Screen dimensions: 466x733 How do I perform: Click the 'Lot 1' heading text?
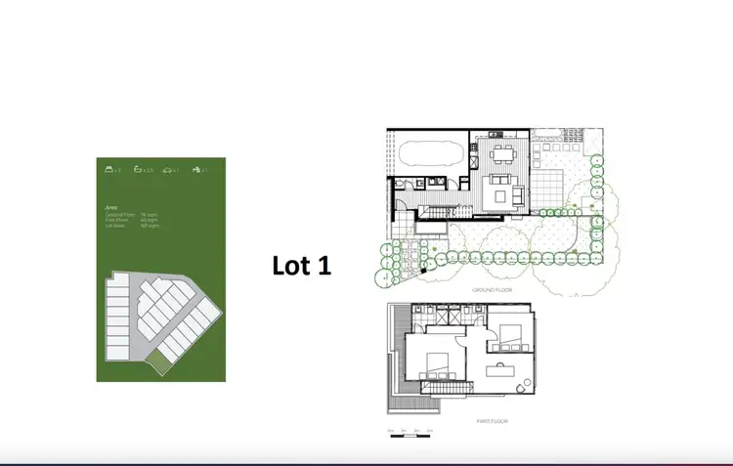(301, 265)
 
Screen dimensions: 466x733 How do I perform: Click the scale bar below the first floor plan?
(410, 430)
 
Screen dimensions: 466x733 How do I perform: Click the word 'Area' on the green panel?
(110, 207)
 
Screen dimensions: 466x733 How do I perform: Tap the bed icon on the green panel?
(110, 170)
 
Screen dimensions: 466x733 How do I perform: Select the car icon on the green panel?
(170, 170)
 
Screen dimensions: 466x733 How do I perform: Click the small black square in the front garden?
(423, 269)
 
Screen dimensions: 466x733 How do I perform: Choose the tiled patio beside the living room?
(555, 182)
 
